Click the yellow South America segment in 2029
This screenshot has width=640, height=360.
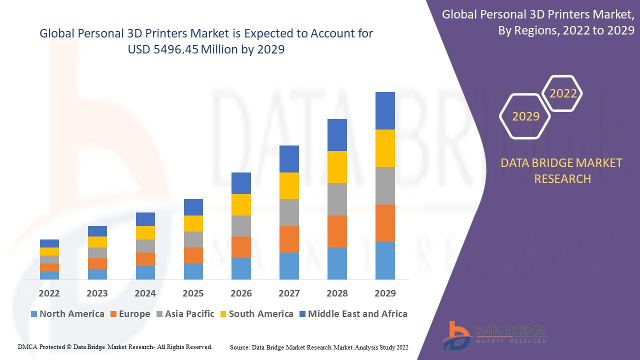pyautogui.click(x=385, y=148)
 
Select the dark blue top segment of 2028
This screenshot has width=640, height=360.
pyautogui.click(x=337, y=135)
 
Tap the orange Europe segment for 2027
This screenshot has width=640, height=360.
pyautogui.click(x=289, y=239)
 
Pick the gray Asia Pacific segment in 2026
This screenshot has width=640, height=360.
pyautogui.click(x=241, y=226)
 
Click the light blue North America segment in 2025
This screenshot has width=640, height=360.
pyautogui.click(x=193, y=271)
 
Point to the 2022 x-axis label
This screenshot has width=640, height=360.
pyautogui.click(x=49, y=293)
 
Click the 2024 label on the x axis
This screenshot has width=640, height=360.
pyautogui.click(x=145, y=293)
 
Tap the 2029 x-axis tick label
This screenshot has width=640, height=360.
pyautogui.click(x=385, y=293)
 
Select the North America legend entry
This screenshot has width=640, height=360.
pyautogui.click(x=67, y=314)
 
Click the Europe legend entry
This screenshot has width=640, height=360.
pyautogui.click(x=129, y=314)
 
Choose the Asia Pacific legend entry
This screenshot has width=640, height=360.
pyautogui.click(x=185, y=314)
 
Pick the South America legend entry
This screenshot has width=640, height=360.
pyautogui.click(x=256, y=314)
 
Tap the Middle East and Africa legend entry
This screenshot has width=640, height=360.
pyautogui.click(x=353, y=314)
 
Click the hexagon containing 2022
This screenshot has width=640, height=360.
pyautogui.click(x=563, y=93)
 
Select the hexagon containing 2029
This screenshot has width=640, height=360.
pyautogui.click(x=525, y=116)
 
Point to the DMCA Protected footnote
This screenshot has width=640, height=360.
pyautogui.click(x=115, y=346)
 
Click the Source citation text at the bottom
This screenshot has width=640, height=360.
pyautogui.click(x=319, y=347)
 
